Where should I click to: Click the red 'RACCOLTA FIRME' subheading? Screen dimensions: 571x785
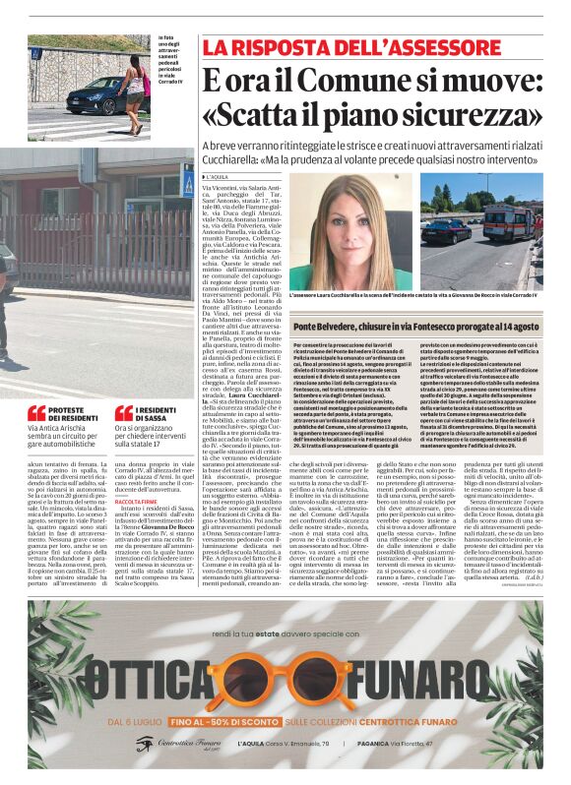[137, 501]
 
